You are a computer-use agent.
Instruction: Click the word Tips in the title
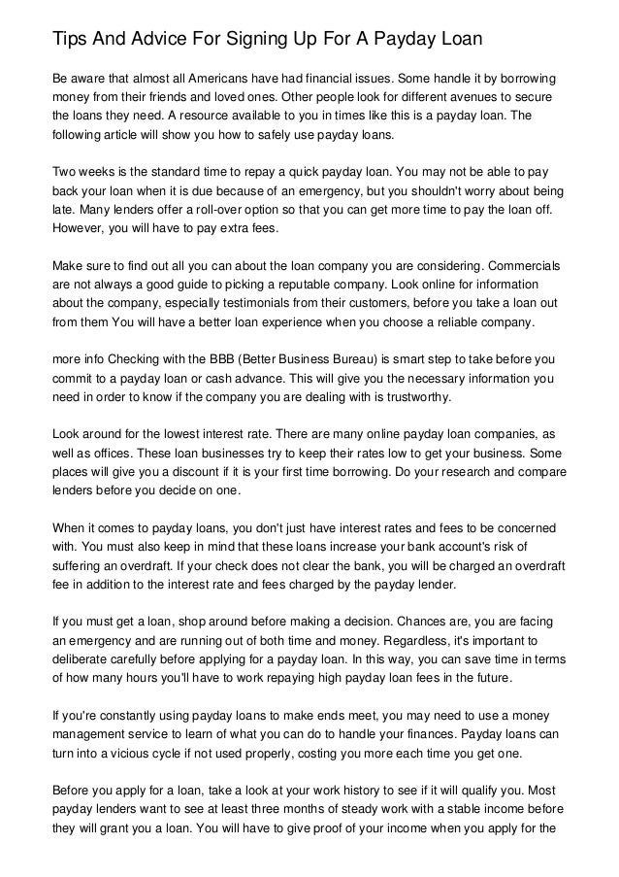coord(70,40)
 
